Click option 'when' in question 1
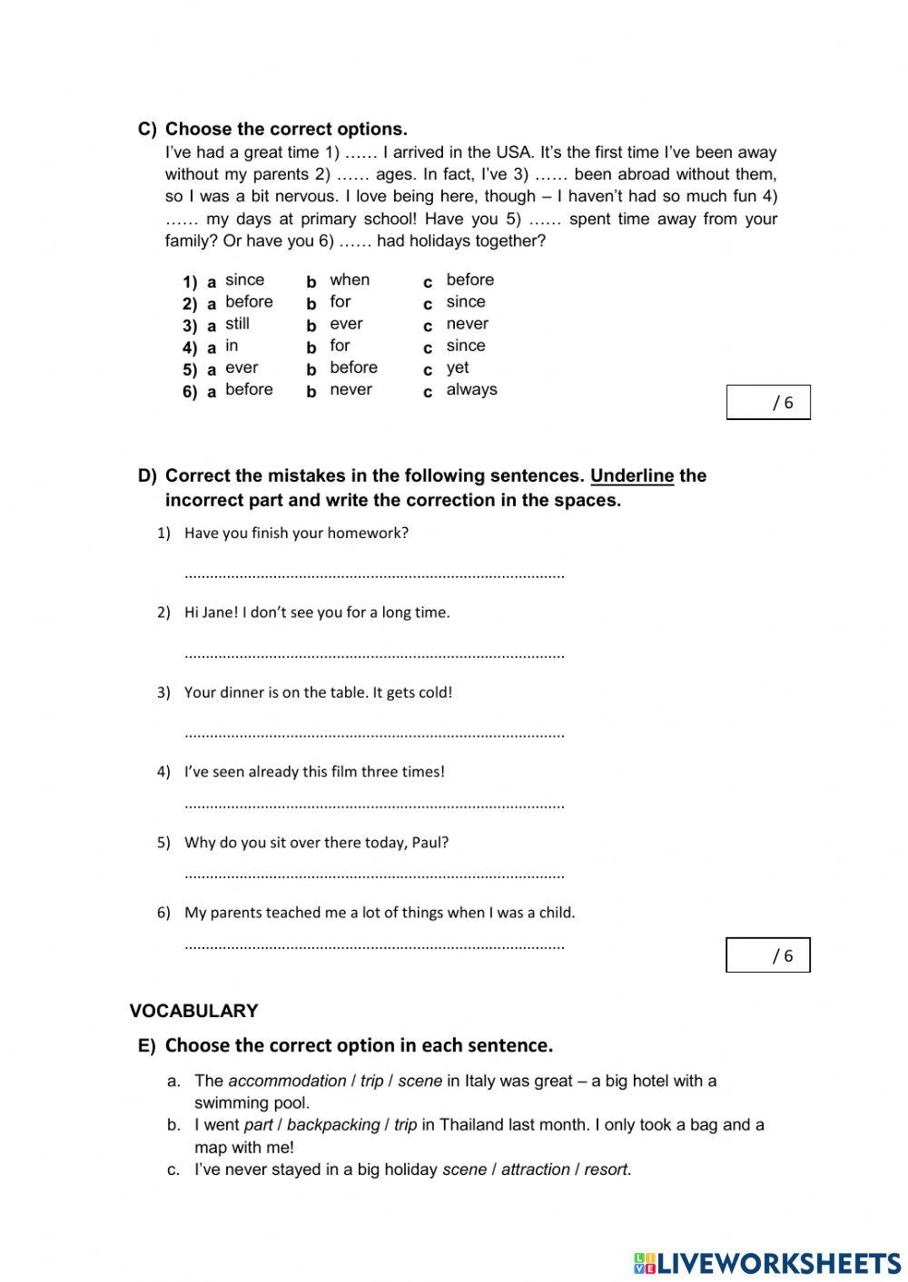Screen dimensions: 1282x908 click(350, 280)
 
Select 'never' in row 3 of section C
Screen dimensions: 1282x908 click(467, 324)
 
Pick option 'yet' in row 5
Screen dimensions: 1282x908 click(458, 367)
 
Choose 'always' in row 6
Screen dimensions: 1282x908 click(471, 389)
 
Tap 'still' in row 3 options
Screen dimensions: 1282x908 click(237, 324)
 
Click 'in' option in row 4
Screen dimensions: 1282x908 click(232, 346)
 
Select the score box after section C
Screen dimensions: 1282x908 click(768, 403)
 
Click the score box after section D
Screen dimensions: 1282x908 click(768, 955)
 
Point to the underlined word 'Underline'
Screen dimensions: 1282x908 click(632, 476)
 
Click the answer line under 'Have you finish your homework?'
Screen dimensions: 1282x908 click(374, 574)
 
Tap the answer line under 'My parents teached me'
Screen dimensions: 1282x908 click(374, 945)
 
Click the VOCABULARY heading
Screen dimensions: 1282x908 click(193, 1011)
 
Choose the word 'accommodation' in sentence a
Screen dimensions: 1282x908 click(287, 1081)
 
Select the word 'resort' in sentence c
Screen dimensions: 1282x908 click(606, 1169)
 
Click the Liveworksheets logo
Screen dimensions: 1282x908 click(767, 1262)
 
